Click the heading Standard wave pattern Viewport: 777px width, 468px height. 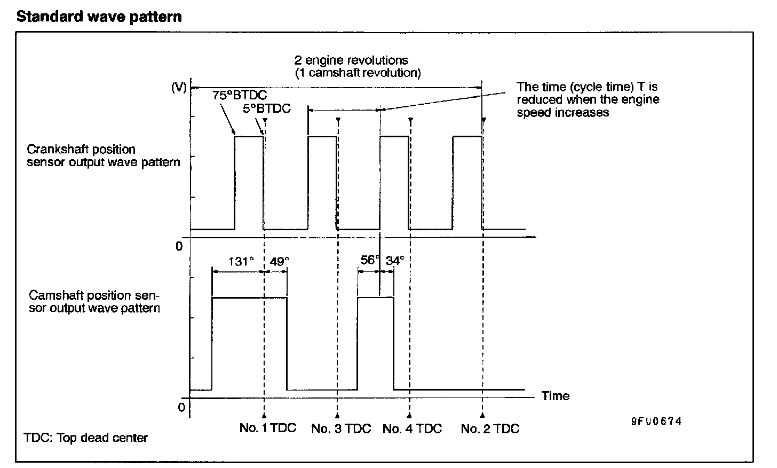[x=99, y=17]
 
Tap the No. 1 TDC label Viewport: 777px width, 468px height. [x=267, y=428]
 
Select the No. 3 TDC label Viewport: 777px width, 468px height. [x=341, y=428]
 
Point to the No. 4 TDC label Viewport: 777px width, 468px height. [x=412, y=428]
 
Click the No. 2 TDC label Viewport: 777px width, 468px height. [x=490, y=428]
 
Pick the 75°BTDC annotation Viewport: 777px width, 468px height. [x=240, y=96]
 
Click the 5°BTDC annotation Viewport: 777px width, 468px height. [x=267, y=108]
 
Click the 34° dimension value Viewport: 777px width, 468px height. [x=395, y=261]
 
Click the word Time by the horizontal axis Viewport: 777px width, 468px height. [x=556, y=396]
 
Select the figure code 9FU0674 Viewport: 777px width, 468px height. [x=656, y=421]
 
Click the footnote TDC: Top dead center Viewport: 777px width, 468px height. [x=86, y=438]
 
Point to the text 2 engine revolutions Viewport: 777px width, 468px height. [x=351, y=60]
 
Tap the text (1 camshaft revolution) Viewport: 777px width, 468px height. [x=358, y=73]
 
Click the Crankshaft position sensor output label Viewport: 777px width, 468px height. [x=104, y=155]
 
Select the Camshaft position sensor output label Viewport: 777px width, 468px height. [x=94, y=302]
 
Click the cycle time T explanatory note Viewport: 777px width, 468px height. [x=588, y=99]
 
